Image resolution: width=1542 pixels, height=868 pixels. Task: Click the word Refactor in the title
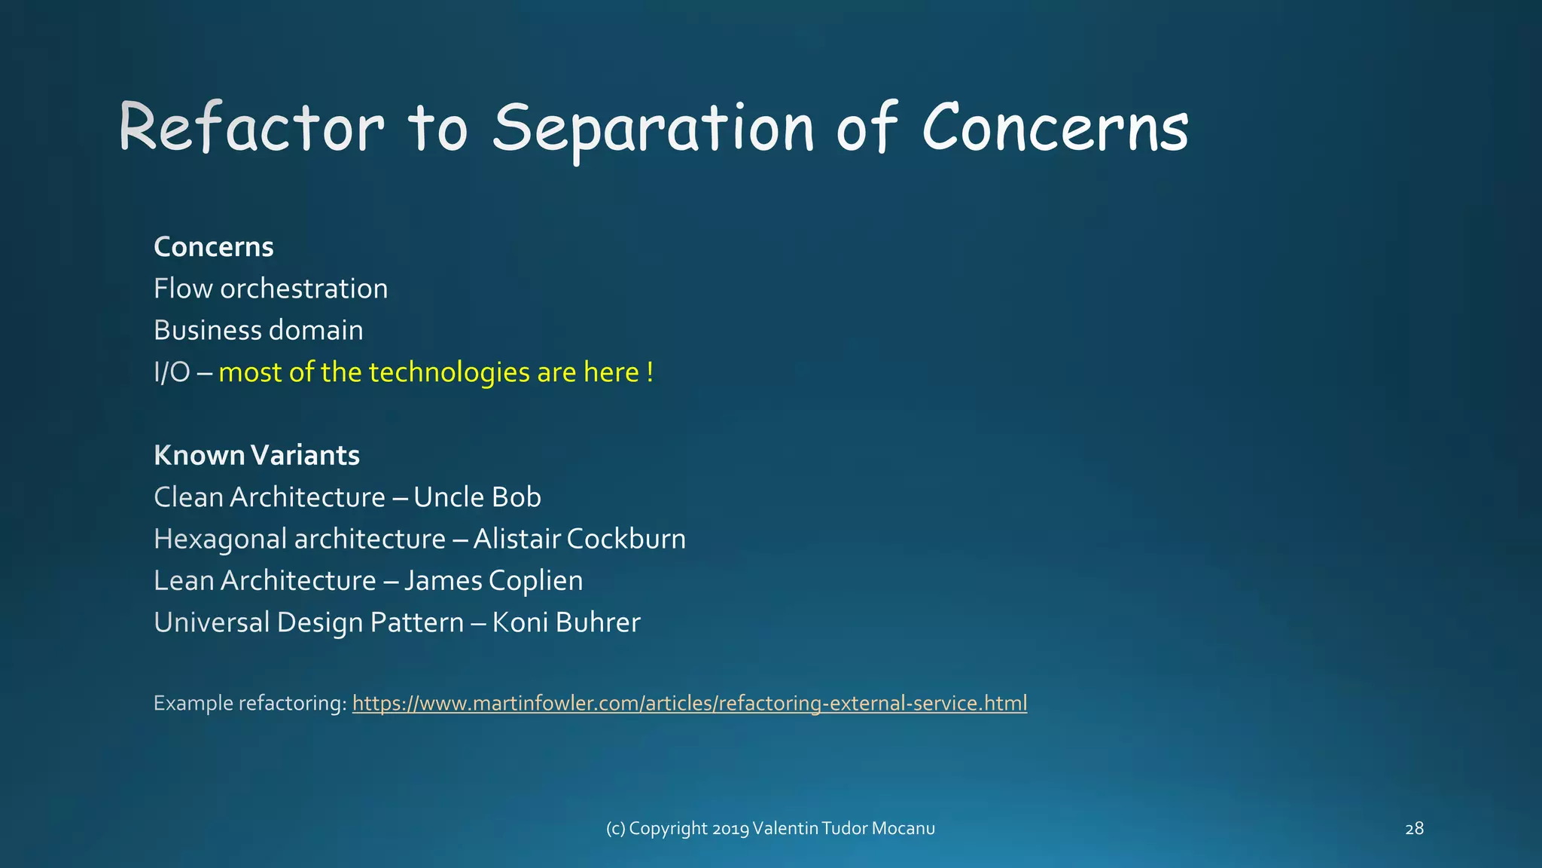click(x=251, y=128)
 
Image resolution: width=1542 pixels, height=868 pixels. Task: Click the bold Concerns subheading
click(x=214, y=247)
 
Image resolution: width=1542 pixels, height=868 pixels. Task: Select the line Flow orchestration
click(x=270, y=289)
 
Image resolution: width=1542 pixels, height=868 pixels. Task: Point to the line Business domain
click(x=258, y=331)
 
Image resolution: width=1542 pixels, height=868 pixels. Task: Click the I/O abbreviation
click(x=172, y=372)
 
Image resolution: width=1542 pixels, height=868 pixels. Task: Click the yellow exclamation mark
click(x=650, y=372)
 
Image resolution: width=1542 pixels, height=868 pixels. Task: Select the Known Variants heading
click(x=257, y=455)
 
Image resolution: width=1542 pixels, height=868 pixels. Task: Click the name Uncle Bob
click(x=477, y=497)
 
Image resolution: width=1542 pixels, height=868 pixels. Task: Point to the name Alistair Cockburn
click(x=579, y=539)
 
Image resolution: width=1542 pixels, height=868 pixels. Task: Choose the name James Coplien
click(x=493, y=581)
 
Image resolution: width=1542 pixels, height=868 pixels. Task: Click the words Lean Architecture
click(x=264, y=581)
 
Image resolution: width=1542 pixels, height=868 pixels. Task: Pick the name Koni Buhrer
click(x=565, y=622)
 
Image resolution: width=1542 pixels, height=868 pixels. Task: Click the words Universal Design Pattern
click(x=309, y=622)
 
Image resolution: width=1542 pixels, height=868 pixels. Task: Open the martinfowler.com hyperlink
click(x=689, y=703)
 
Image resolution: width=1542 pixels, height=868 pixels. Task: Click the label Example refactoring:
click(x=250, y=703)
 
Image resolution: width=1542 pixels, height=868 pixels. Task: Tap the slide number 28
click(x=1414, y=829)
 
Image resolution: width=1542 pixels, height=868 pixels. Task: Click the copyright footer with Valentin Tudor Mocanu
click(x=770, y=829)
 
